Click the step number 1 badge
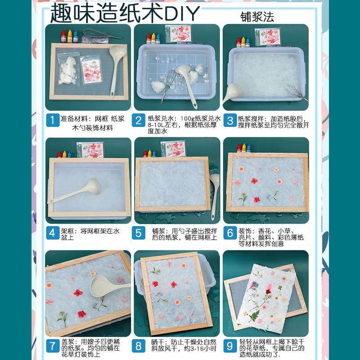[53, 120]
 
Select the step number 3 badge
[230, 120]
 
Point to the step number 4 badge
[53, 233]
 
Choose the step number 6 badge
[230, 233]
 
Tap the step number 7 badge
[53, 346]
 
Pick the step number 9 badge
[230, 346]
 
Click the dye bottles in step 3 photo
[243, 42]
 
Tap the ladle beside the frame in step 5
[215, 184]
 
